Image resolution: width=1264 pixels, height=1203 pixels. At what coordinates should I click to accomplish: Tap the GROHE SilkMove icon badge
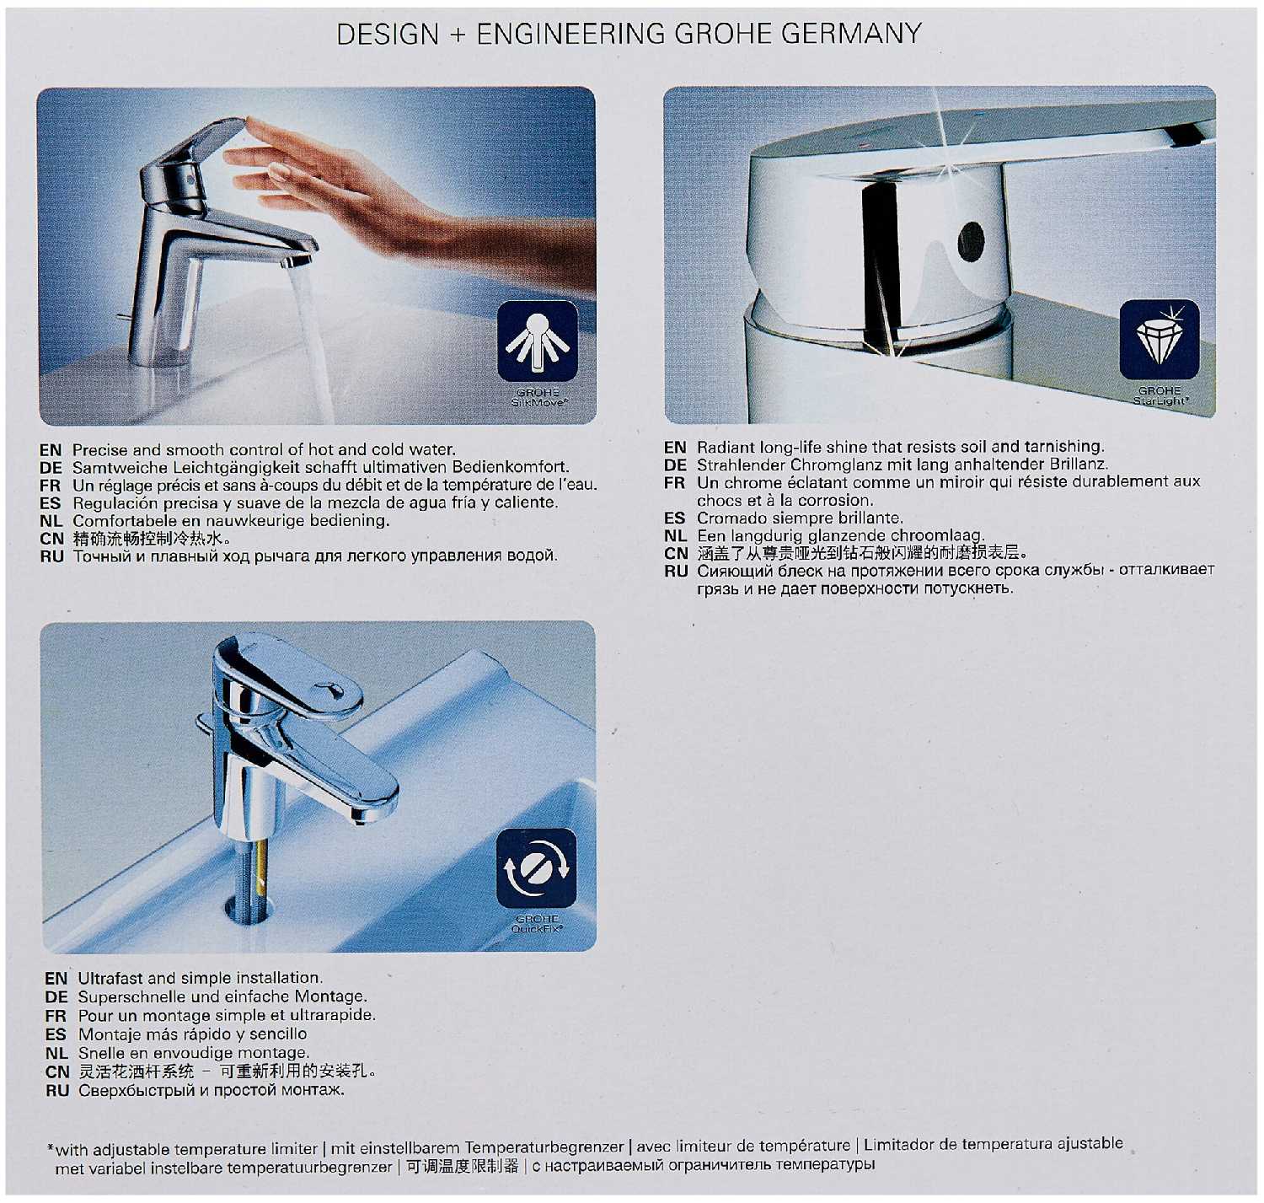click(x=538, y=341)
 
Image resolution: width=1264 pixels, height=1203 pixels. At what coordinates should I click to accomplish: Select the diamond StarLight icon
click(x=1160, y=339)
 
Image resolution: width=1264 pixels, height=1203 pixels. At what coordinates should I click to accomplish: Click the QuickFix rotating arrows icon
click(x=537, y=867)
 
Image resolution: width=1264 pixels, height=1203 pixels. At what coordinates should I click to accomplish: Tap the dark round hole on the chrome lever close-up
click(x=971, y=241)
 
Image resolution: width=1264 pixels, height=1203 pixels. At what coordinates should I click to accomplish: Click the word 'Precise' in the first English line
click(x=99, y=449)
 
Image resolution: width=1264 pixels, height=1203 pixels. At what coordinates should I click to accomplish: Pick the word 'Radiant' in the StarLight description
click(x=726, y=447)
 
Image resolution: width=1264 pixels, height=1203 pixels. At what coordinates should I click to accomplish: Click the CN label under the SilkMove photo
click(x=51, y=539)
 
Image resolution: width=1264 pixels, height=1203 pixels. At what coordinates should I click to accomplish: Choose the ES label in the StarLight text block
click(x=674, y=518)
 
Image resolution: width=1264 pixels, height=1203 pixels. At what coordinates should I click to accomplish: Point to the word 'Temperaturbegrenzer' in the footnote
click(x=544, y=1147)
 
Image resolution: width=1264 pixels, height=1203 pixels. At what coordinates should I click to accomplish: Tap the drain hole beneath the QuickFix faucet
click(x=249, y=908)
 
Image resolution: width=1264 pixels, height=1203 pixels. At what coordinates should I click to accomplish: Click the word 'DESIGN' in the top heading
click(x=388, y=34)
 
